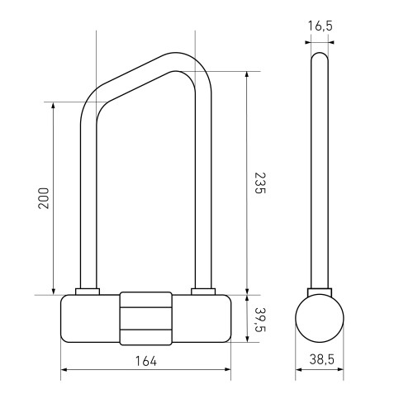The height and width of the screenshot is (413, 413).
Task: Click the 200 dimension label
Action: [x=44, y=198]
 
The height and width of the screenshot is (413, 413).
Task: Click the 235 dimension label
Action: [x=259, y=183]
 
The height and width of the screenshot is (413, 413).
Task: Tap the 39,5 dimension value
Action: [x=259, y=320]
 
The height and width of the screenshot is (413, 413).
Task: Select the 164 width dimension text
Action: [x=146, y=361]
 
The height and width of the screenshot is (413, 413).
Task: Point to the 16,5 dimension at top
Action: [x=320, y=26]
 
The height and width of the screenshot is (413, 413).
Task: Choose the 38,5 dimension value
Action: [x=322, y=359]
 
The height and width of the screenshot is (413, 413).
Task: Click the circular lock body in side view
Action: [x=320, y=318]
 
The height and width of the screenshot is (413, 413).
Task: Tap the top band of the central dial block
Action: [x=146, y=300]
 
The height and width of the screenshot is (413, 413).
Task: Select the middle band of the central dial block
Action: [x=146, y=318]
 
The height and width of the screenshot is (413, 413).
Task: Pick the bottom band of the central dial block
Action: [x=146, y=337]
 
